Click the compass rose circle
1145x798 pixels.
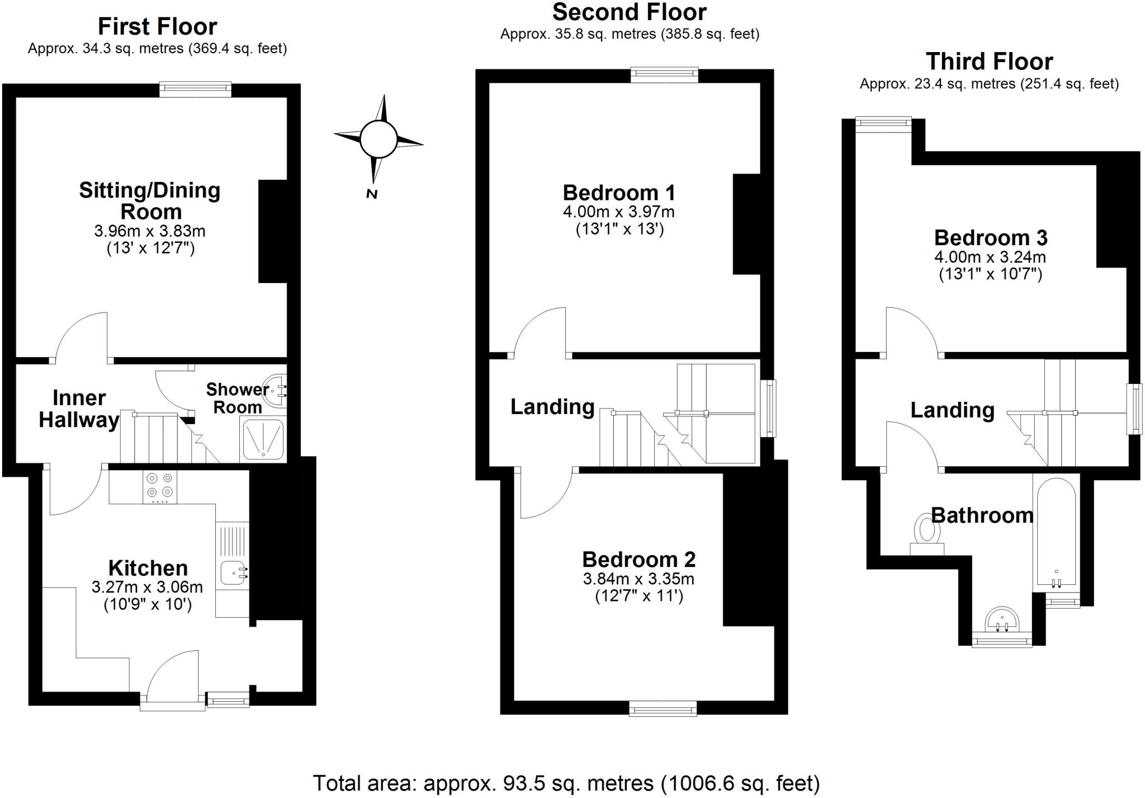[378, 139]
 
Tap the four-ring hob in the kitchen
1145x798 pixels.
[159, 486]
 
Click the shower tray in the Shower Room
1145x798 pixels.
[263, 440]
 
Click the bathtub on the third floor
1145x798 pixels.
[1056, 532]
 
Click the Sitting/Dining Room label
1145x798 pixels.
[150, 201]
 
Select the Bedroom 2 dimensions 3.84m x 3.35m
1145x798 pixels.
[638, 579]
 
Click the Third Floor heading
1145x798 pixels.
[989, 61]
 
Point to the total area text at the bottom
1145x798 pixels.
[566, 783]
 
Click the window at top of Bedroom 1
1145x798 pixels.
[664, 75]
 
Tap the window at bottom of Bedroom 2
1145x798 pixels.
[663, 709]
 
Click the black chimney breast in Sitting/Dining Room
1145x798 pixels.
[273, 231]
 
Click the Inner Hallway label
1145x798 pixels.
[79, 409]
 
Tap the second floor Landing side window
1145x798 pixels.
[770, 408]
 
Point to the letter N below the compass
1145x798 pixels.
[371, 194]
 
